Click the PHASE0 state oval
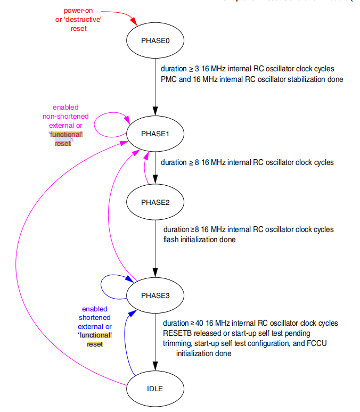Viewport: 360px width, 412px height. pos(154,40)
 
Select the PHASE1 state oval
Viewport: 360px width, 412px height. pos(154,133)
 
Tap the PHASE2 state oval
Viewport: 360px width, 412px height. pos(154,202)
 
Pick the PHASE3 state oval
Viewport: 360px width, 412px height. pos(154,295)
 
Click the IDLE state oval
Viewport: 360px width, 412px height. pos(154,388)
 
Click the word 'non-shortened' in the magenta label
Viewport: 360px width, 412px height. pos(66,117)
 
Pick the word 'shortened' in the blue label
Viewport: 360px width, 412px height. pos(95,318)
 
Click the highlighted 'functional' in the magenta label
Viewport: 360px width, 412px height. pos(66,135)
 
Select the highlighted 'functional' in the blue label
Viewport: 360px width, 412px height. pos(95,335)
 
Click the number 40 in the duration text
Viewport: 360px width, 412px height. pos(200,323)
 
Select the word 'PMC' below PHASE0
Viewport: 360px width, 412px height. pos(168,79)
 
